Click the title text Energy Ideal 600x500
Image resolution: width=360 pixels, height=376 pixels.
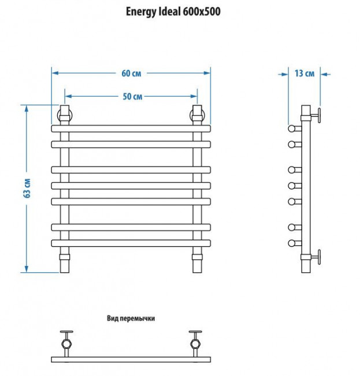click(173, 11)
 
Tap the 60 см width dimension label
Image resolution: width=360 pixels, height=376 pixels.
click(131, 73)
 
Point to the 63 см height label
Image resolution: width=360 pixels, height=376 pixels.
click(27, 188)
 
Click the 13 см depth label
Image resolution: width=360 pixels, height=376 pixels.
click(304, 73)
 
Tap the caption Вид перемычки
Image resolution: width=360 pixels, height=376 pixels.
click(131, 318)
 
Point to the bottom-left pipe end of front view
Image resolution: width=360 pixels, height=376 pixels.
click(65, 263)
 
